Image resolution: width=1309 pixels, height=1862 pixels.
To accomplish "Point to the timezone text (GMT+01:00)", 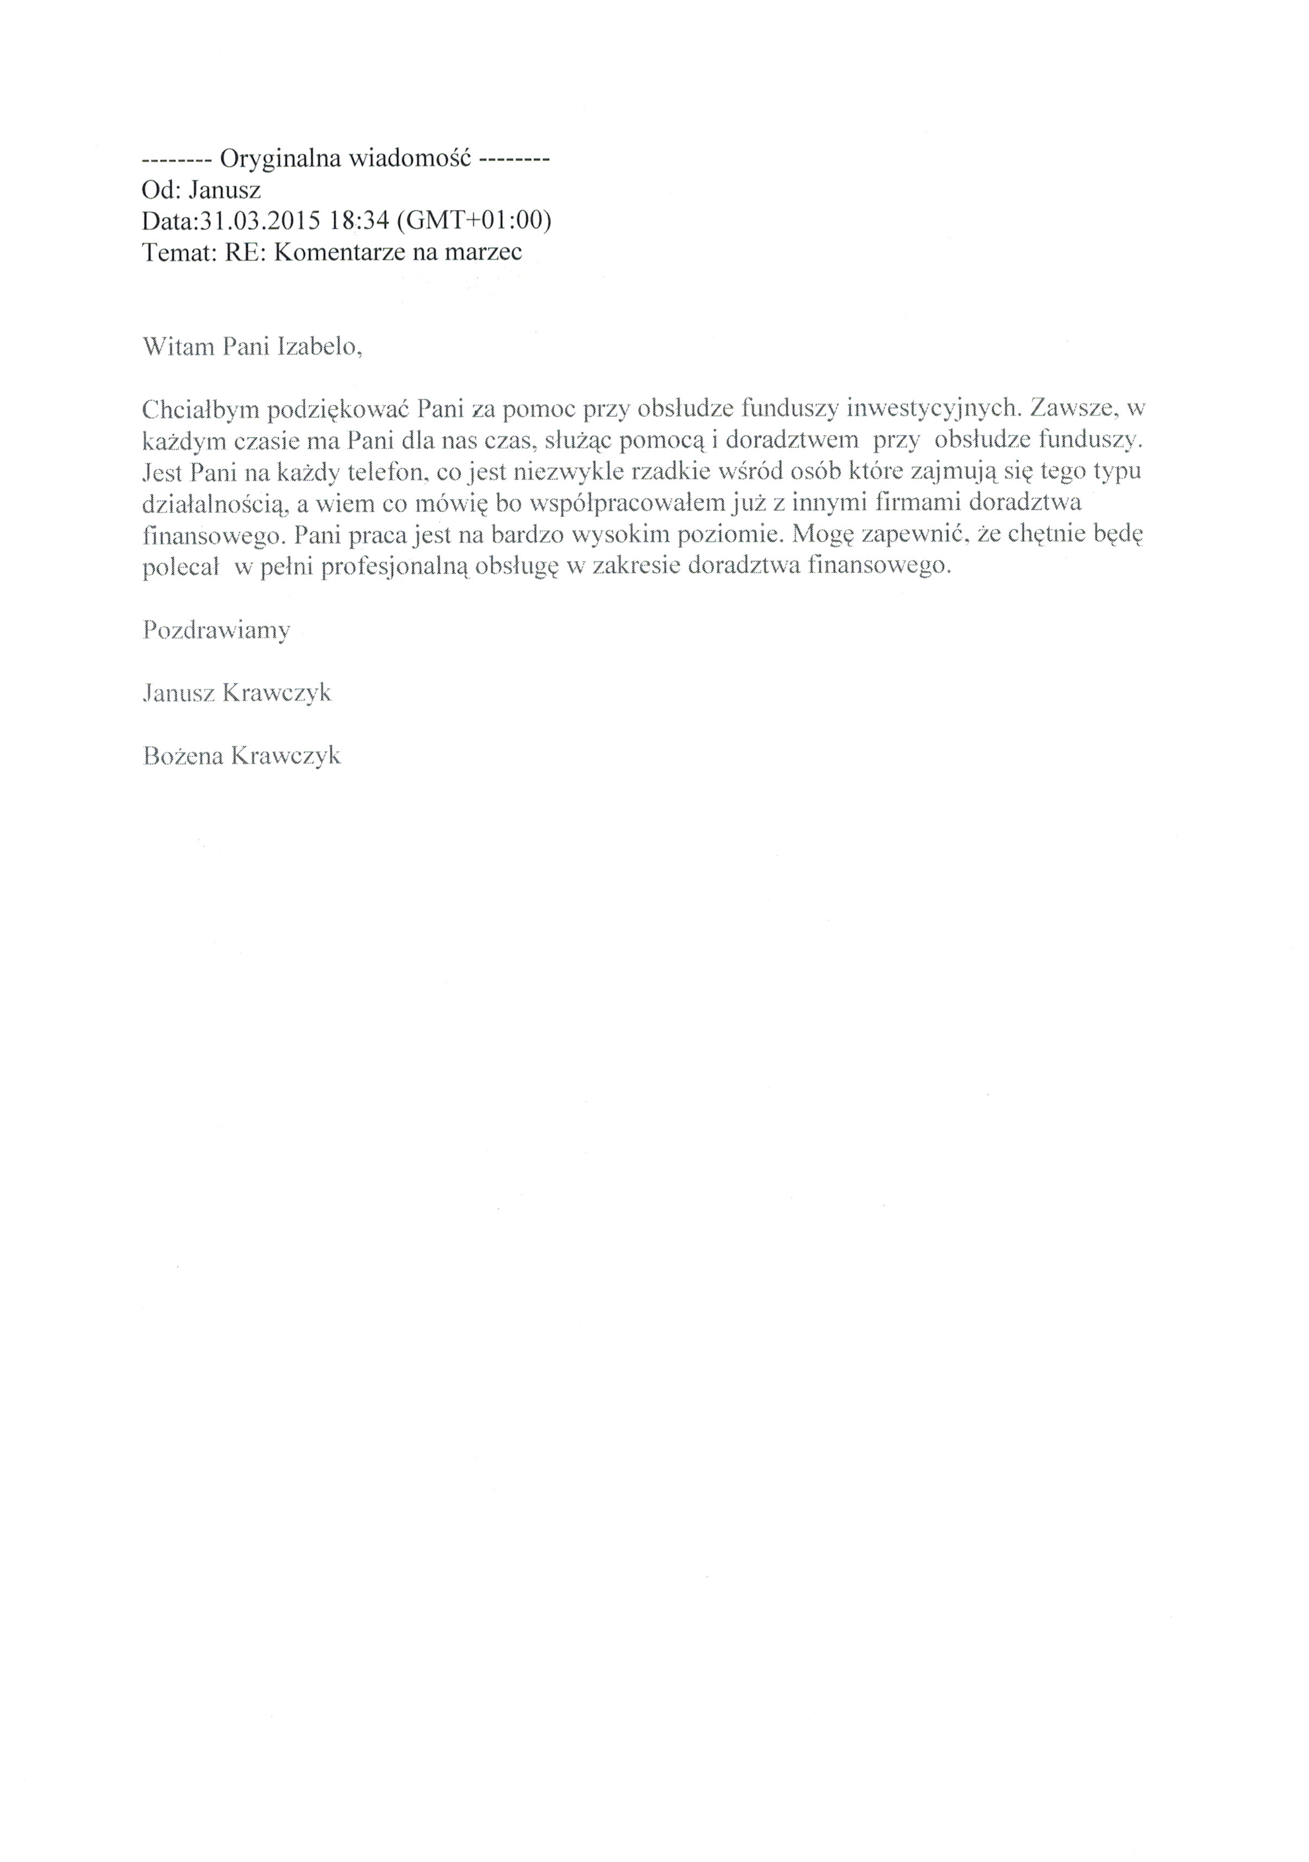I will click(x=470, y=221).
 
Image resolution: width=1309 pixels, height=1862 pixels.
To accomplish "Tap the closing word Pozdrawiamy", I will click(x=216, y=630).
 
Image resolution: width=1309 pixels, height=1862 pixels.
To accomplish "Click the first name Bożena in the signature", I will click(x=183, y=756).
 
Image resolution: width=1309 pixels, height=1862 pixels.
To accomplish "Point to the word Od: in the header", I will click(x=160, y=190).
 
